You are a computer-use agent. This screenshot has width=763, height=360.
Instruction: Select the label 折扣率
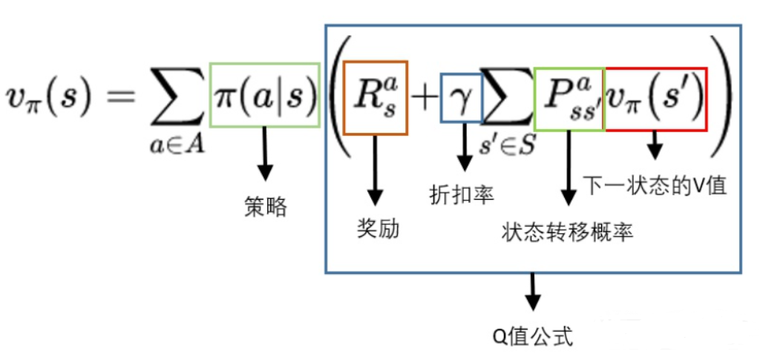(x=462, y=194)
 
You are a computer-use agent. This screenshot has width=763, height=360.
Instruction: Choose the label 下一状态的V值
(x=654, y=183)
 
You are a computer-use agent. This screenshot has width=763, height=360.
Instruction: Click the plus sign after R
(x=424, y=99)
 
